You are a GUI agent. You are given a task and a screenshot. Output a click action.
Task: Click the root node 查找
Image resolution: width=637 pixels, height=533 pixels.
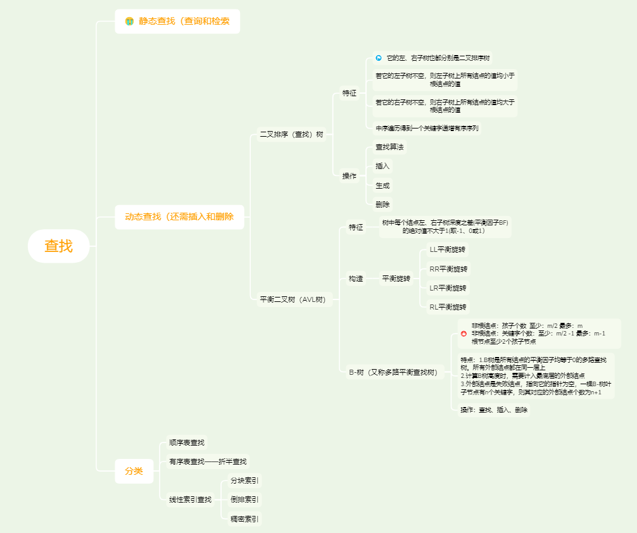pos(58,246)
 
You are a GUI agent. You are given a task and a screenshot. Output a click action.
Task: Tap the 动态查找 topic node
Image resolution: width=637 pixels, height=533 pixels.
pos(179,216)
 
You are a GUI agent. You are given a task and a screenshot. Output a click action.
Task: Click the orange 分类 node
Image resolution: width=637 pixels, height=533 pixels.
pos(134,471)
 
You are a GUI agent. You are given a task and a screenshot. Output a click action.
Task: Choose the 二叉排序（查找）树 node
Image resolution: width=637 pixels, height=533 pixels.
pos(291,134)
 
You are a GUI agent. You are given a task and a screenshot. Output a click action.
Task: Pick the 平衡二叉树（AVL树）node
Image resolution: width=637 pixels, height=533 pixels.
pos(293,299)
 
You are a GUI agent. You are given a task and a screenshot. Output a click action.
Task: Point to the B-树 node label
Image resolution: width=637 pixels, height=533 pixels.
pos(393,372)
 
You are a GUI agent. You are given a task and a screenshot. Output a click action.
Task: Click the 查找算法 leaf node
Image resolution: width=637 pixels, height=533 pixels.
pos(389,147)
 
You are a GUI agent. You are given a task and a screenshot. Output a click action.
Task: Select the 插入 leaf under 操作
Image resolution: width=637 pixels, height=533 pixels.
pos(382,166)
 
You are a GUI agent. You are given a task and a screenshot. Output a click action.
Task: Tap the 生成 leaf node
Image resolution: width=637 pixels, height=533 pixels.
pos(382,185)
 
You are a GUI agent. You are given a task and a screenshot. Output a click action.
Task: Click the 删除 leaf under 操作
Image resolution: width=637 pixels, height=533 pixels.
pos(382,204)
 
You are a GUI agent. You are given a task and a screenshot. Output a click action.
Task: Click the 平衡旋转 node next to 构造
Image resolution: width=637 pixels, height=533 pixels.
pos(396,279)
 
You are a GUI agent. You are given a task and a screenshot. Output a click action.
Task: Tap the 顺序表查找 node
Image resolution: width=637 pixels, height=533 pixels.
pos(187,442)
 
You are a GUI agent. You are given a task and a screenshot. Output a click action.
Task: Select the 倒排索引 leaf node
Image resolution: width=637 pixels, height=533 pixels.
pos(244,499)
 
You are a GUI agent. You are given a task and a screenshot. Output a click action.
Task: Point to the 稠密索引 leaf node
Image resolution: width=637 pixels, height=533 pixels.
pos(244,519)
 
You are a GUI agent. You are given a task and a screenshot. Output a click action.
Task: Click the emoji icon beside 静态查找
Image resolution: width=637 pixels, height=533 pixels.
pos(129,22)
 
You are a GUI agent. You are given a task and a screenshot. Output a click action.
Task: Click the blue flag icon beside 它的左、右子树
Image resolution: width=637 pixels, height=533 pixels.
pos(379,58)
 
